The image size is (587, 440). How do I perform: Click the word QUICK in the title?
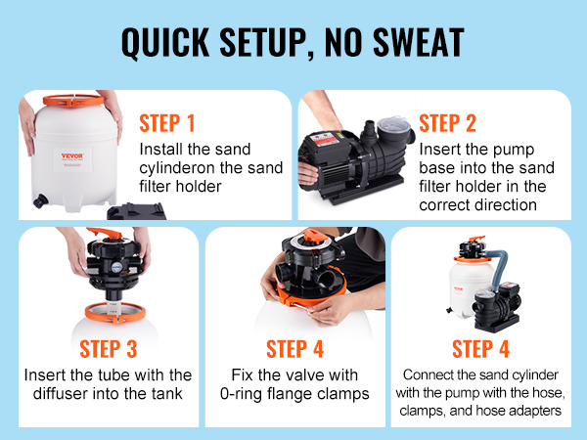click(165, 43)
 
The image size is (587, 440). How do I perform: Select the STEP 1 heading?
click(167, 123)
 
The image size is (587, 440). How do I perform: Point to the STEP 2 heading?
click(447, 123)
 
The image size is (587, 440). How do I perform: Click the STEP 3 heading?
click(109, 349)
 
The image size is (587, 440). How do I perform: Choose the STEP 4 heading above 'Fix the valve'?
click(294, 349)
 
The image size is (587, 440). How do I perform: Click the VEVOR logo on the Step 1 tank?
click(72, 155)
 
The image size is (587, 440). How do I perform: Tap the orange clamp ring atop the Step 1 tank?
click(73, 101)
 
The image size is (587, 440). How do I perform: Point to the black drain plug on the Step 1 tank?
click(40, 200)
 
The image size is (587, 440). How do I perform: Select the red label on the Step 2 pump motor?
click(326, 140)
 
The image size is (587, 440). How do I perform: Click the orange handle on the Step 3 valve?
click(105, 232)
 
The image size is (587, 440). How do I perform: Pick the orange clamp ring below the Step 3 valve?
click(115, 313)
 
